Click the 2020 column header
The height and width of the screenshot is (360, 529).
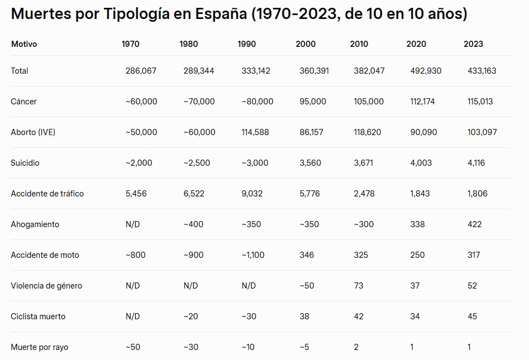(x=416, y=44)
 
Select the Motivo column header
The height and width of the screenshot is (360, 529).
(x=24, y=44)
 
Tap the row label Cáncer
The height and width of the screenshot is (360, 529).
(x=23, y=102)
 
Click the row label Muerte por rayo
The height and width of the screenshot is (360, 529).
(x=39, y=347)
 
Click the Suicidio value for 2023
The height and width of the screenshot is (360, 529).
(x=476, y=163)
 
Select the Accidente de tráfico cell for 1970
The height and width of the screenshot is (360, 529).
(x=136, y=194)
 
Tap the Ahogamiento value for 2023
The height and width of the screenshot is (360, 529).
(x=474, y=224)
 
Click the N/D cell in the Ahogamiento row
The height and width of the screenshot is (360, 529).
(x=133, y=224)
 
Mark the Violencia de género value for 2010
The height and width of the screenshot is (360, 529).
(x=359, y=286)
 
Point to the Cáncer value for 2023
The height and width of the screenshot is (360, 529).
(x=480, y=102)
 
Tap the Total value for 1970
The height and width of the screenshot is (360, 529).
(x=141, y=71)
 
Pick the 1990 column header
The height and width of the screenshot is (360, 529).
(x=246, y=44)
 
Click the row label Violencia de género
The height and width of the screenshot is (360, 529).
(x=46, y=286)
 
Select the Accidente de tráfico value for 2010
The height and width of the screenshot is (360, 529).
(x=364, y=194)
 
